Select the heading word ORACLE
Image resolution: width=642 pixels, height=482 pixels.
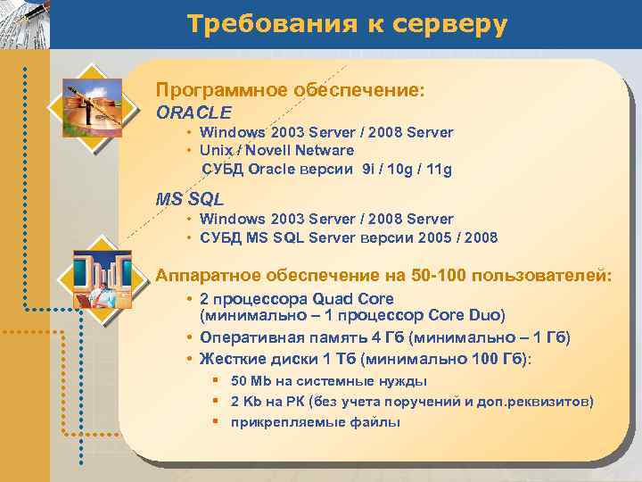[193, 112]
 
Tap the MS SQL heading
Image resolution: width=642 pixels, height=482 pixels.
[190, 199]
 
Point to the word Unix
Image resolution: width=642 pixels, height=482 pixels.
[218, 150]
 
